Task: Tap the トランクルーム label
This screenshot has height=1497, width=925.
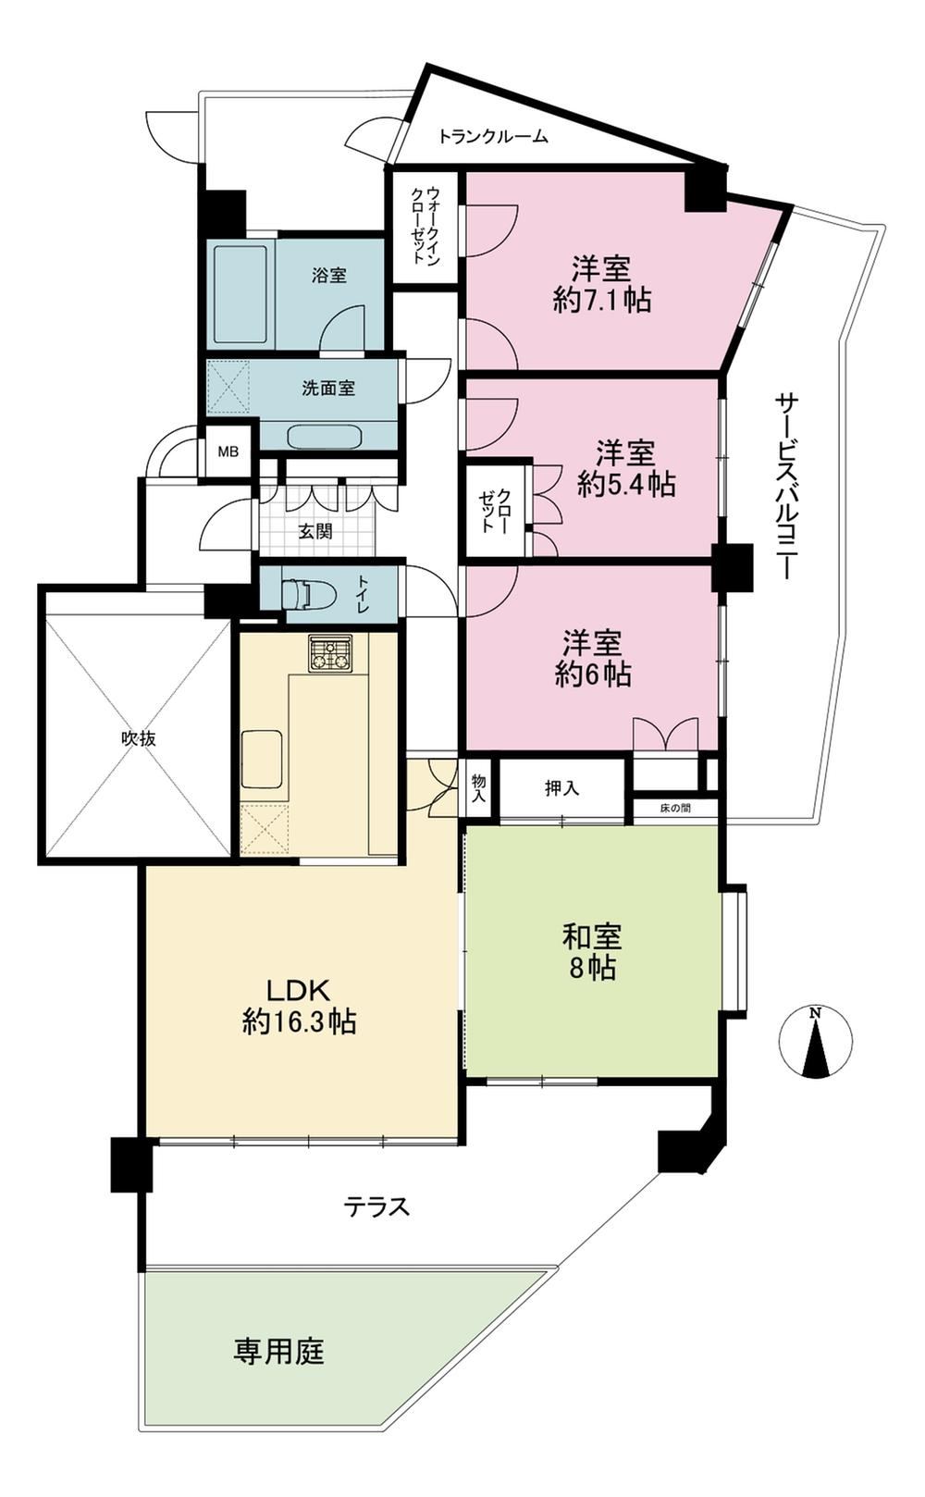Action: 493,137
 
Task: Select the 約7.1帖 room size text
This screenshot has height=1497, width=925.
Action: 602,301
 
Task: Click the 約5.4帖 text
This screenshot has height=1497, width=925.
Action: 626,484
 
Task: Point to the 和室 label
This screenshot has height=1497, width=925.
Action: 592,936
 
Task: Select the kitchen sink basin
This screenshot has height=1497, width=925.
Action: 262,760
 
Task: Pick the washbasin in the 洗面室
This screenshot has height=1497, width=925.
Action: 324,438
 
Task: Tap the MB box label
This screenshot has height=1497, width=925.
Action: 228,452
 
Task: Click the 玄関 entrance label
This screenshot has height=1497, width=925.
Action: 314,532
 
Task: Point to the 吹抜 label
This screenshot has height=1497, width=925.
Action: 139,739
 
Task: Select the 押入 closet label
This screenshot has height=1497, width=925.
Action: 562,788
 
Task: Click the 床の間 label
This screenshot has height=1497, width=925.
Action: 675,808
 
